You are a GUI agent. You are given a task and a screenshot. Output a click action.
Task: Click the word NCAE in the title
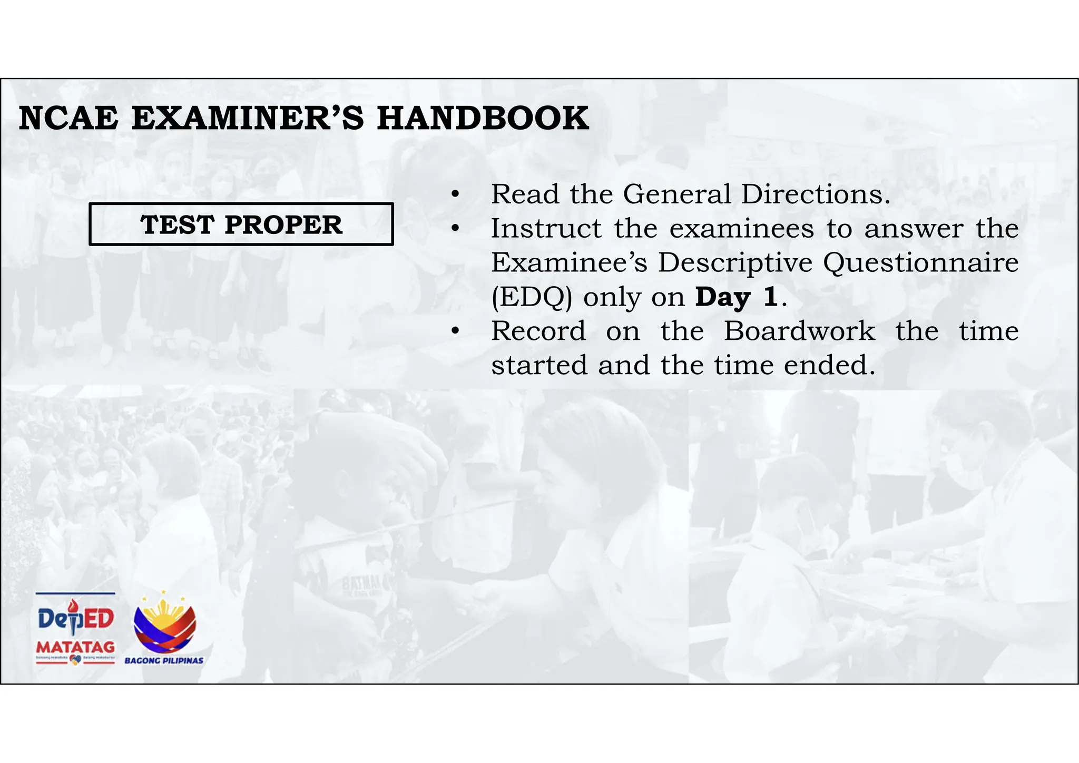[x=68, y=118]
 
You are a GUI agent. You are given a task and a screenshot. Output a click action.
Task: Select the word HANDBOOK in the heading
[x=483, y=118]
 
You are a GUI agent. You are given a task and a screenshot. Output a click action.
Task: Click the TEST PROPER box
[x=241, y=224]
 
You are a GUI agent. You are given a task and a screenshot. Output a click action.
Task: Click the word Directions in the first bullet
[x=815, y=194]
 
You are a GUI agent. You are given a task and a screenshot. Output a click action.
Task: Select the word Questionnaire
[x=920, y=262]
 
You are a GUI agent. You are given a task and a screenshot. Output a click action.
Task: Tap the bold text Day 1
[x=736, y=297]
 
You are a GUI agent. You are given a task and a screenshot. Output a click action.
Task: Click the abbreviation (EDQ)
[x=532, y=297]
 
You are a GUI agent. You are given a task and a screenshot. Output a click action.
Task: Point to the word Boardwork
[x=799, y=331]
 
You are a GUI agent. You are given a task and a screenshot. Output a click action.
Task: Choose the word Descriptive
[x=735, y=262]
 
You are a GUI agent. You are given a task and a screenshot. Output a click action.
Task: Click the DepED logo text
[x=76, y=618]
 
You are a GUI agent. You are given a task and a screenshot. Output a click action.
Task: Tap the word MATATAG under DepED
[x=75, y=647]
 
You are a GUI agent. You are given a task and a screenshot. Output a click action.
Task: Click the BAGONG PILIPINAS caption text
[x=164, y=661]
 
